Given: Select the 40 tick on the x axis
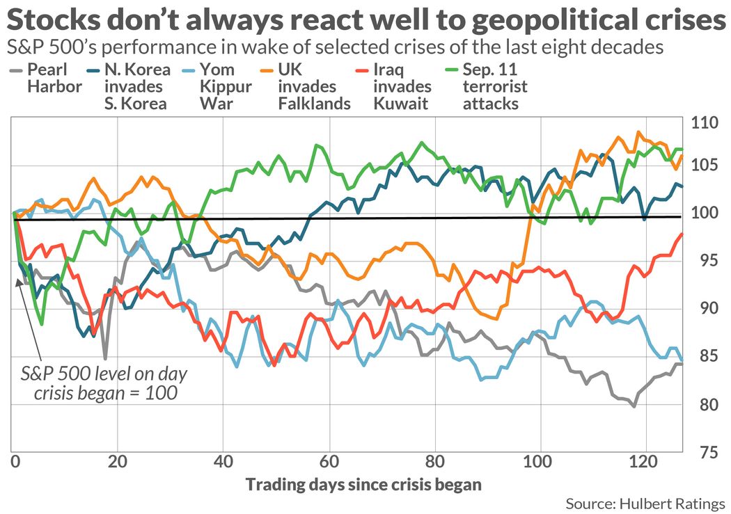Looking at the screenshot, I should point(223,462).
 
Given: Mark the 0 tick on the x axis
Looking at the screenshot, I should point(14,462).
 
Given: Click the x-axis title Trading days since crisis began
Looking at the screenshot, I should point(363,484).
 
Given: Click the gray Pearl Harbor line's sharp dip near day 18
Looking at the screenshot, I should point(105,358).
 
